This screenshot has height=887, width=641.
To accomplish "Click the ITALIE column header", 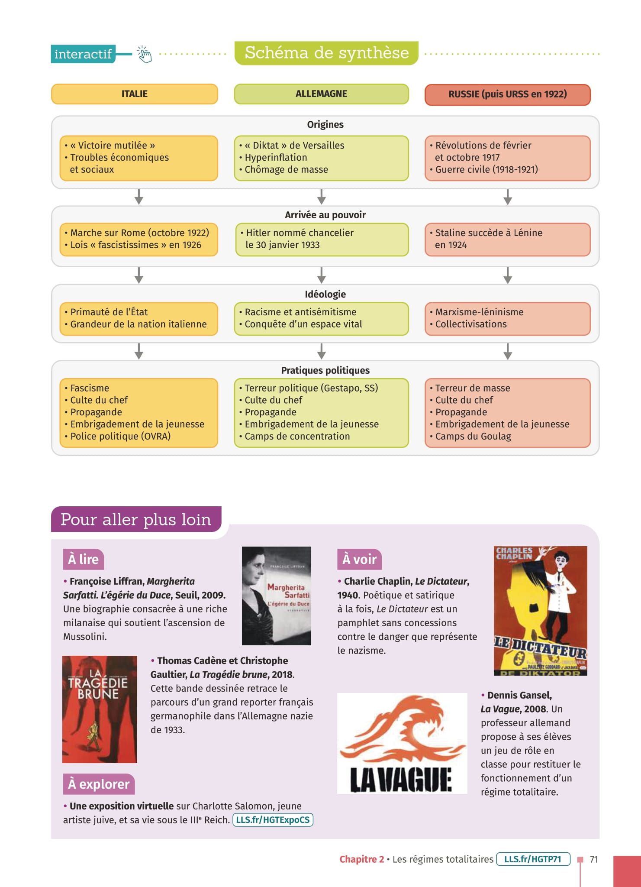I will click(x=134, y=94).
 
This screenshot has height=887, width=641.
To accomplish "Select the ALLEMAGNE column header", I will click(x=321, y=94).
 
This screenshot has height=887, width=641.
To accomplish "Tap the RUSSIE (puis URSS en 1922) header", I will click(x=507, y=94).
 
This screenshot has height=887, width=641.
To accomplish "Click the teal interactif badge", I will click(x=83, y=54).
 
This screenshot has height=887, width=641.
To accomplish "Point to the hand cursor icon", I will click(x=145, y=55).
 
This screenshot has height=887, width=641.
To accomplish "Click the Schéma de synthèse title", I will click(x=326, y=53).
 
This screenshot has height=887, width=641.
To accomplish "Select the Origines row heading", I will click(x=325, y=125).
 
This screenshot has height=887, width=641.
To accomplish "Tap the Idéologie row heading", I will click(x=325, y=295).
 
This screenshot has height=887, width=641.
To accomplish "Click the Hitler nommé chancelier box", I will click(x=322, y=239).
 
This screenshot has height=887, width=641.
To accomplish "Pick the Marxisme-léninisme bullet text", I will click(x=479, y=312).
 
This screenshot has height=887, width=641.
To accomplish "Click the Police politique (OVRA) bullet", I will click(x=120, y=436).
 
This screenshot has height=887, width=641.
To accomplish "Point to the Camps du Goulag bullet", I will click(x=473, y=436).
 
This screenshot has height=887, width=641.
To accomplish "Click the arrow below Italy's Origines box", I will click(x=139, y=197).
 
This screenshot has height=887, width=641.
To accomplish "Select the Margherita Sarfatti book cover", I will click(x=276, y=596).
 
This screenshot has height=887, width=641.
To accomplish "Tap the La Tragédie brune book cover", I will click(x=100, y=709).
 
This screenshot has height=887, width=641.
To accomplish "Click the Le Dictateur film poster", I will click(x=540, y=611).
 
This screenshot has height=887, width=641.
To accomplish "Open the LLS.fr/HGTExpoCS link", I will click(x=273, y=820).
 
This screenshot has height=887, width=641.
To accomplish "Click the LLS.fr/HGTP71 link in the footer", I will click(x=533, y=859).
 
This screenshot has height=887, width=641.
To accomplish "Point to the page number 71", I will click(x=594, y=859).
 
